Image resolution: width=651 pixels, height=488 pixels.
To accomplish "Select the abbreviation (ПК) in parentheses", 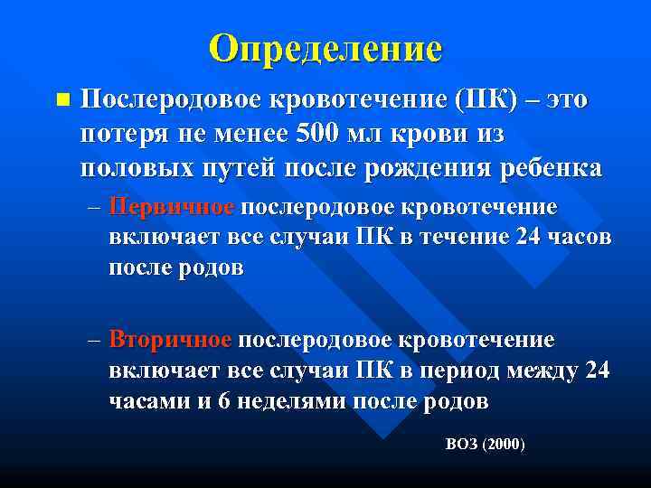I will (x=487, y=99).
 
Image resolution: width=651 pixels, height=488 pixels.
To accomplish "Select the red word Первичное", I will (x=171, y=207).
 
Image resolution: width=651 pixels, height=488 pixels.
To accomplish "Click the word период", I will (x=456, y=371).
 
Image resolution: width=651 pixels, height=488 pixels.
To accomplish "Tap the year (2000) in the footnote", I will (x=505, y=445).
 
